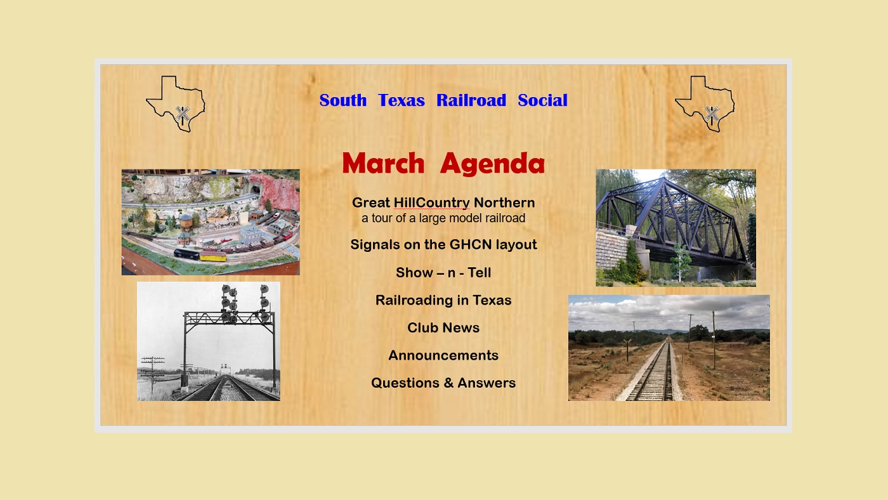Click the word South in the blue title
click(x=343, y=100)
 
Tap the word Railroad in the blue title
click(x=471, y=100)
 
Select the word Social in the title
click(x=542, y=100)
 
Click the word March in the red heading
click(x=383, y=163)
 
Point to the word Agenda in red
click(x=492, y=164)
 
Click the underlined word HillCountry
click(x=432, y=203)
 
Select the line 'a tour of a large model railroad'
click(x=443, y=218)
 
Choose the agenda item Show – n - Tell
click(x=443, y=272)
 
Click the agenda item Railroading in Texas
click(x=443, y=300)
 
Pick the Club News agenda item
click(x=443, y=327)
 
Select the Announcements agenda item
click(x=443, y=355)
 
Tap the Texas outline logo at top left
click(x=176, y=104)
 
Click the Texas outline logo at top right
click(x=705, y=104)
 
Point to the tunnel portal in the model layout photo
click(x=255, y=188)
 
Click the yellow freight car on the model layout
click(x=213, y=256)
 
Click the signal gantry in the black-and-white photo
click(x=229, y=337)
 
